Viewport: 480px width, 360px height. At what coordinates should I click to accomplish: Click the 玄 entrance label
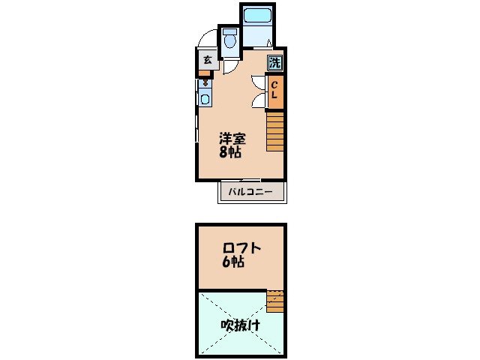click(x=207, y=59)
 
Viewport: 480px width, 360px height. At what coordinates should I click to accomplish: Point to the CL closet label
click(x=275, y=91)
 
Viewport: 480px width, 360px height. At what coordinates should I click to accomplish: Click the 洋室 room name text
click(x=232, y=138)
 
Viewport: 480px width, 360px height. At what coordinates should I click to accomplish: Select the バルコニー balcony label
click(x=252, y=193)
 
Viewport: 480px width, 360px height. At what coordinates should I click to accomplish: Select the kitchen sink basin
click(x=205, y=97)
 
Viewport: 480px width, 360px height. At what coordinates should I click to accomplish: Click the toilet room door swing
click(x=232, y=66)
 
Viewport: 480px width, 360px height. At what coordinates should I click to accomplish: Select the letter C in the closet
click(x=275, y=85)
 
